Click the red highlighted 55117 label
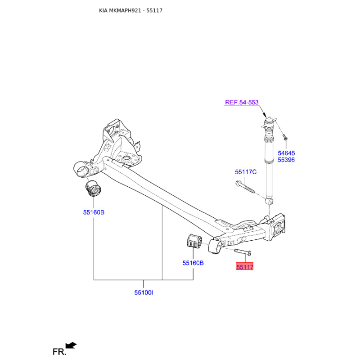coord(244,266)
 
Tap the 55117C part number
coord(246,172)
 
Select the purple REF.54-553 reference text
coord(242,103)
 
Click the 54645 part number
coord(286,153)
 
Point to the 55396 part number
coord(286,160)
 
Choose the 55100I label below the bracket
coord(144,293)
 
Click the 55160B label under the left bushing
coord(94,212)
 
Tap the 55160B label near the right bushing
coord(193,263)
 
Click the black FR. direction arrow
coord(71,345)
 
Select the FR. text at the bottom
coord(59,352)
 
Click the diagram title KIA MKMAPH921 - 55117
coord(130,10)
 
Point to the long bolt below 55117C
coord(245,187)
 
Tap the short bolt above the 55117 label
coord(243,252)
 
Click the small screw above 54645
coord(285,137)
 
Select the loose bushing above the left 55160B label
coord(93,189)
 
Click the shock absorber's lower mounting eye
coord(269,201)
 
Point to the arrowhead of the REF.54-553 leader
coord(264,116)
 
